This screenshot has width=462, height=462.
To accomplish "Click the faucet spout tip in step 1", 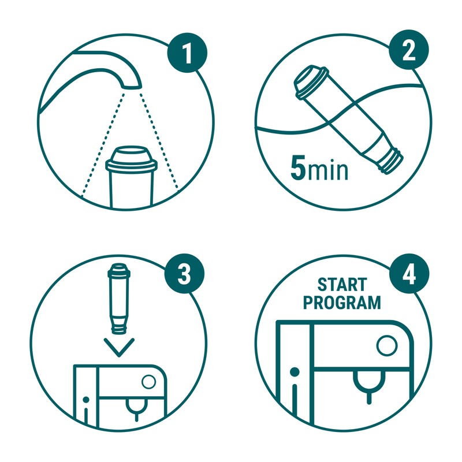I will pos(132,84).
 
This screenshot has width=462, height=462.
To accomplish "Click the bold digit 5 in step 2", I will pos(298,169).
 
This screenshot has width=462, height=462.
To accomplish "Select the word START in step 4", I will pos(342,284).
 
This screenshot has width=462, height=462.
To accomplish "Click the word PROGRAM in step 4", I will pos(342,302).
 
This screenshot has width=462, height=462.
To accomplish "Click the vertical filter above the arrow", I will pos(119,298).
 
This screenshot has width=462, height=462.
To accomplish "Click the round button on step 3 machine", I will pos(149,382).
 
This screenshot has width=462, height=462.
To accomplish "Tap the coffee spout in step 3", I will pos(136,409).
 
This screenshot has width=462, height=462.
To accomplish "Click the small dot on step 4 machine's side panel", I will pos(295,370).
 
